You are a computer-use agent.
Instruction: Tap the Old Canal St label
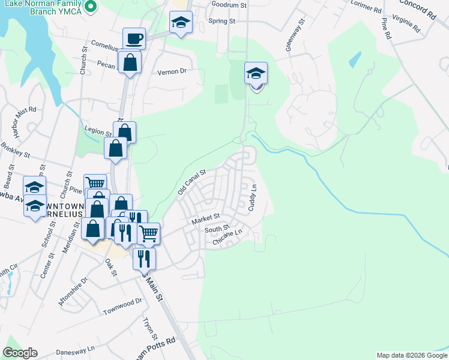pos(191,181)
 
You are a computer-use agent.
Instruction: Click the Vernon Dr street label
pos(172,71)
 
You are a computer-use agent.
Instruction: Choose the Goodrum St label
pos(229,5)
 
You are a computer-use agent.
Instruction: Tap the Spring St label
pos(221,21)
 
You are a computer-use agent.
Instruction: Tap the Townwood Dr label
pos(122,307)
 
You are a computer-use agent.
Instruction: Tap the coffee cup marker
pos(134,39)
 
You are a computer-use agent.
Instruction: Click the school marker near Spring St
pos(181,23)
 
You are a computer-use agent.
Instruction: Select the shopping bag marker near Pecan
pos(130,62)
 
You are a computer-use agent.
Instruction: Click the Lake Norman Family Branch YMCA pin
pos(90,7)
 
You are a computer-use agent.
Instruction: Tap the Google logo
pos(20,353)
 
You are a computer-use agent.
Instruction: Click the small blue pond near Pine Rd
pos(354,59)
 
